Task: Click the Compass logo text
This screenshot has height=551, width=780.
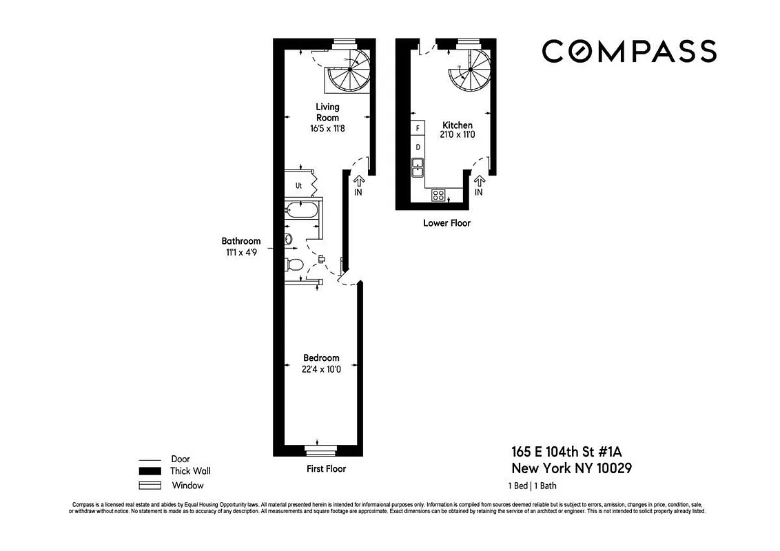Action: click(x=628, y=52)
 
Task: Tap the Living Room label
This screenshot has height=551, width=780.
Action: click(x=327, y=112)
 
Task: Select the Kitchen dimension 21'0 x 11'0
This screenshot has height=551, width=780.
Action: click(x=458, y=135)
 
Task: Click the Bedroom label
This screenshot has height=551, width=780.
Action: click(x=321, y=358)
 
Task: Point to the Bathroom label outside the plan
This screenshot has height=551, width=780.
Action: click(x=241, y=241)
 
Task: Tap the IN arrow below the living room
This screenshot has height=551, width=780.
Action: click(x=358, y=181)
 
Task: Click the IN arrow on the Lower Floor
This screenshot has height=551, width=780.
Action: click(x=479, y=181)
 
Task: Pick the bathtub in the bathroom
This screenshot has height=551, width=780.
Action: click(x=302, y=210)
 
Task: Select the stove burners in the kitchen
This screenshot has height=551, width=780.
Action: click(x=438, y=195)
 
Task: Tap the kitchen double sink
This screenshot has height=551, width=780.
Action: click(x=418, y=167)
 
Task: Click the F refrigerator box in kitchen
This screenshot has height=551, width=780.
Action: click(x=418, y=128)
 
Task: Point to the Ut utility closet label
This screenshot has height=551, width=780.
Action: click(x=299, y=185)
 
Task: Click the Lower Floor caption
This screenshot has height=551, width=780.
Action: click(x=447, y=223)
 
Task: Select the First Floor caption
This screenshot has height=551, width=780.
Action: click(x=326, y=469)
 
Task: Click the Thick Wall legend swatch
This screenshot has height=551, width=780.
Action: click(x=150, y=472)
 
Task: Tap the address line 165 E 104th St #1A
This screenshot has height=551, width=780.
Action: click(x=571, y=453)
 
